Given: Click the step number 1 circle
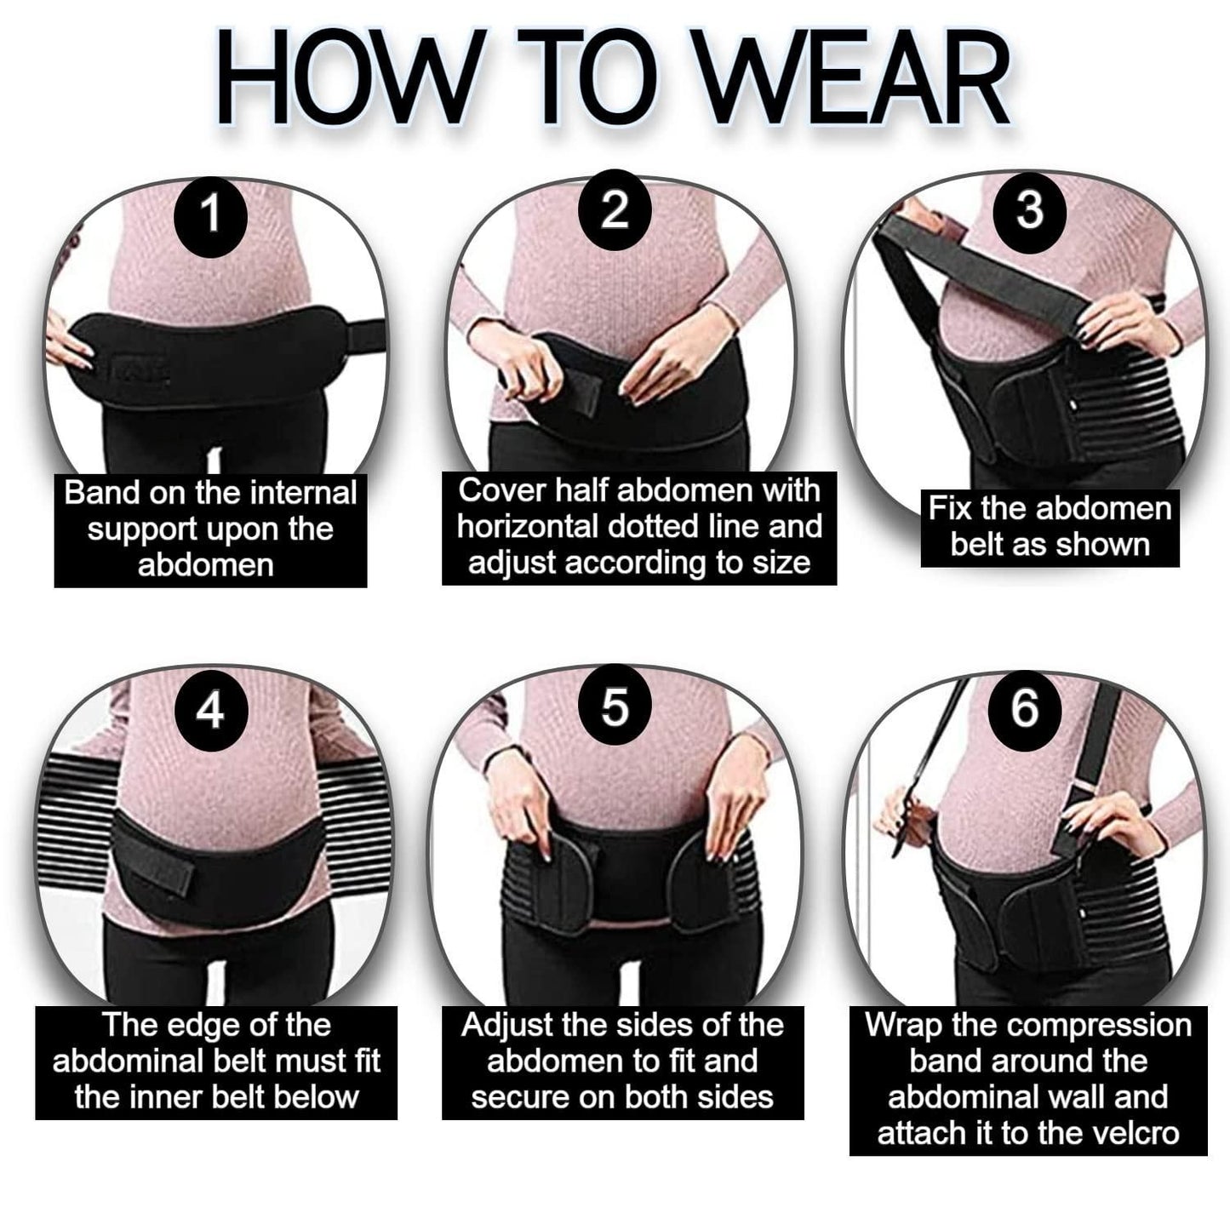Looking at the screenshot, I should click(x=210, y=214).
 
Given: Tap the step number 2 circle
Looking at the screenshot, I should click(x=615, y=209).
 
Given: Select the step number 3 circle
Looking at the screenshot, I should click(x=1029, y=209).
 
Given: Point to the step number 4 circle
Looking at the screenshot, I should click(x=210, y=708).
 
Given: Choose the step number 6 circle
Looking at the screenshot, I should click(x=1025, y=707).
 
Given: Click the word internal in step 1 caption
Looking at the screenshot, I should click(x=305, y=493).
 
